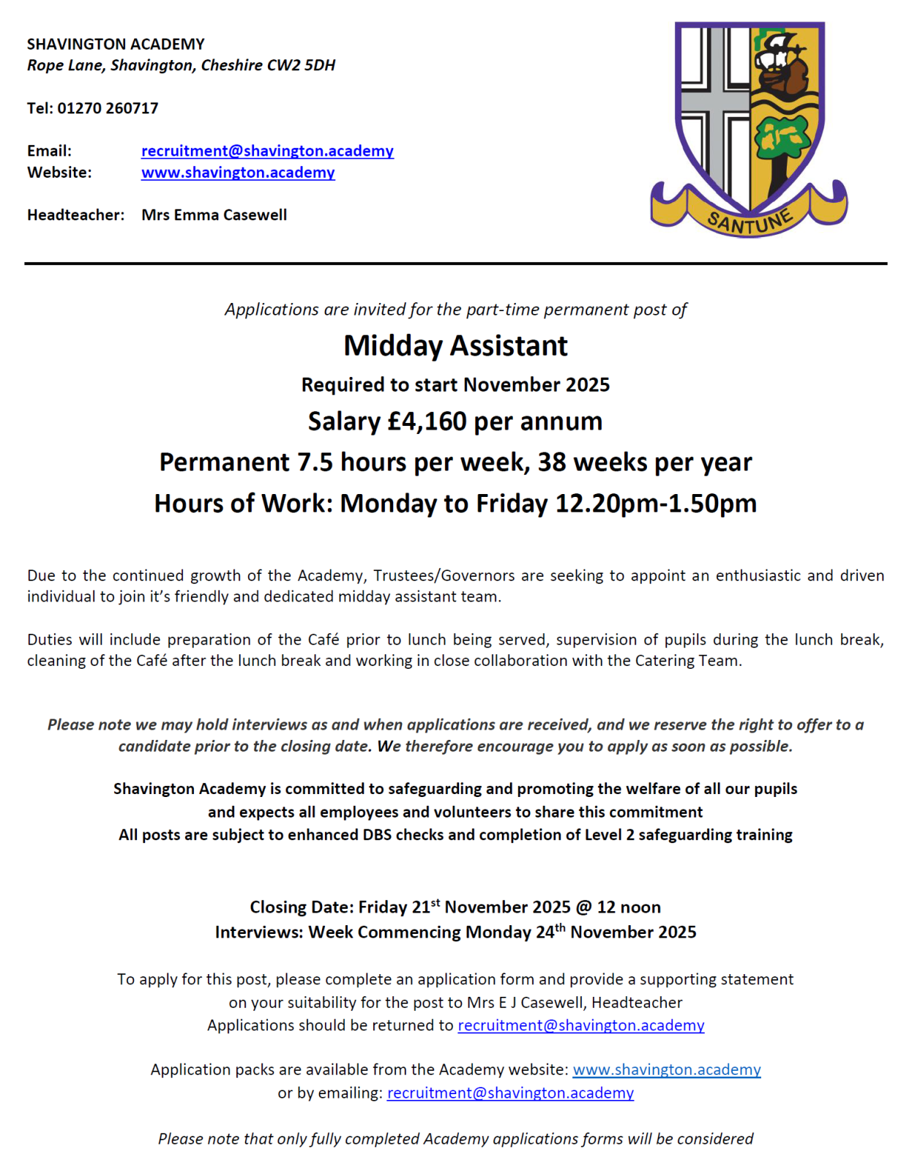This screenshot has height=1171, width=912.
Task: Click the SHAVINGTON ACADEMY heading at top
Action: (x=116, y=44)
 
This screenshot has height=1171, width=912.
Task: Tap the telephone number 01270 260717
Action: (x=108, y=108)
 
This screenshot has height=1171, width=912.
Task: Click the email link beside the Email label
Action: (x=267, y=151)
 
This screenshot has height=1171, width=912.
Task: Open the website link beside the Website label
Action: (x=238, y=173)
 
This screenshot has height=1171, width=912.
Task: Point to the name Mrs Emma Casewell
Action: (x=214, y=215)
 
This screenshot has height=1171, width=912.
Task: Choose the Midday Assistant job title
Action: (x=455, y=345)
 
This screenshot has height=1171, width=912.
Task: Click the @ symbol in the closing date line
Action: (x=583, y=908)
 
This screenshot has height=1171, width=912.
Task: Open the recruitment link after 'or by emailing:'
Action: (x=510, y=1093)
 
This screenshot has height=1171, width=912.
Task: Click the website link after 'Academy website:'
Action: (x=666, y=1070)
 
